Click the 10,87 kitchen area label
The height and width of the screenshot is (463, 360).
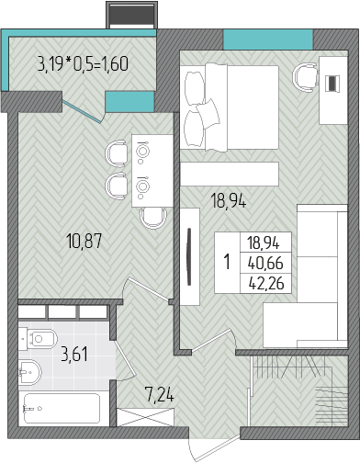(x=84, y=241)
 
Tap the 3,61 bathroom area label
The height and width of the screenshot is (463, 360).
(x=74, y=354)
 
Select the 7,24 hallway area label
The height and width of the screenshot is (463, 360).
(x=160, y=394)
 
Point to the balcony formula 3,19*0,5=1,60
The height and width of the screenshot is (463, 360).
(x=83, y=64)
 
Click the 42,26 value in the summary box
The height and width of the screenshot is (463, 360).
(x=266, y=283)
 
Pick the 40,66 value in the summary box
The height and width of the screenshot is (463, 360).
(x=265, y=263)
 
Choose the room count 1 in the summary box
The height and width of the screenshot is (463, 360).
(x=227, y=262)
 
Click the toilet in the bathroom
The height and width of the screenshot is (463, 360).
(x=38, y=338)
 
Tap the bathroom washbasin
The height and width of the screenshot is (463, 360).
(x=29, y=371)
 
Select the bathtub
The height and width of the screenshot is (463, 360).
(x=62, y=409)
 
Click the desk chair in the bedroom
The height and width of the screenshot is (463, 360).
(x=306, y=77)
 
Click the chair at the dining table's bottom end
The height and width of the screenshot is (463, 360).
(x=153, y=218)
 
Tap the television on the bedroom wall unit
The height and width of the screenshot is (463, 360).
(x=189, y=256)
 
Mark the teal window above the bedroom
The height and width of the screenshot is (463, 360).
(x=268, y=40)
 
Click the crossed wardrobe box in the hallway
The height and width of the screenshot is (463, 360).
(x=146, y=417)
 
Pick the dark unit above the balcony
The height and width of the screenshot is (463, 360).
(x=132, y=15)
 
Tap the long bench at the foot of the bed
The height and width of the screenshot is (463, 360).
(x=230, y=174)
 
